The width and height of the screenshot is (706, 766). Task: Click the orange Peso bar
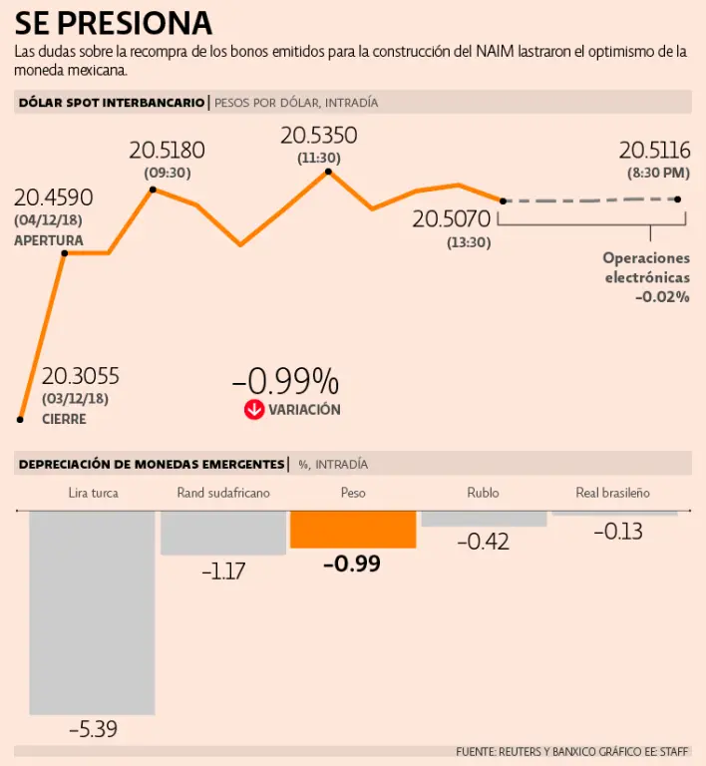click(352, 529)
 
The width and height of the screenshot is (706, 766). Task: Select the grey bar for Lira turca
click(92, 611)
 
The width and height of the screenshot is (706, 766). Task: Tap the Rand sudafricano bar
click(222, 532)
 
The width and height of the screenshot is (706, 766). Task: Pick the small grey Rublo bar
click(484, 519)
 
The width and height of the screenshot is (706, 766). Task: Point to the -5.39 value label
click(93, 729)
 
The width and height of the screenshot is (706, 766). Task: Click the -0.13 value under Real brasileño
click(617, 532)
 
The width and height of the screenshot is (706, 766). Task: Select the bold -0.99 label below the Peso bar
click(352, 564)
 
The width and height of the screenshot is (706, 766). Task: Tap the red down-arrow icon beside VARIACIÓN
click(254, 409)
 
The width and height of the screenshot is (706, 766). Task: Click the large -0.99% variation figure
click(285, 381)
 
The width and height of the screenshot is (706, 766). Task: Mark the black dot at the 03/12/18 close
click(20, 419)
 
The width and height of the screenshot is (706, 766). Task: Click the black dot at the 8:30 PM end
click(678, 198)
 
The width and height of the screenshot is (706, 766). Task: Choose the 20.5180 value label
click(167, 151)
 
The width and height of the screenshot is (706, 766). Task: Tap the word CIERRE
click(64, 419)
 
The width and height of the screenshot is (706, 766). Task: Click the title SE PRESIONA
click(113, 22)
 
